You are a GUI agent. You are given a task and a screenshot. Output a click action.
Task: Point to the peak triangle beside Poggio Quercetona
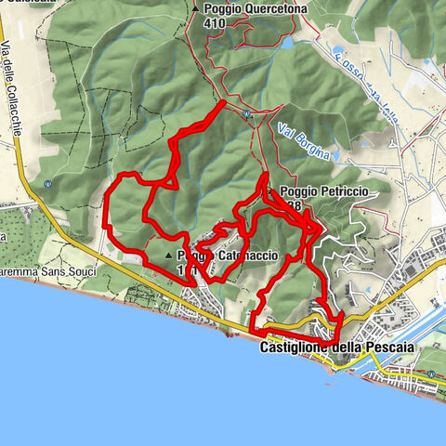(195, 8)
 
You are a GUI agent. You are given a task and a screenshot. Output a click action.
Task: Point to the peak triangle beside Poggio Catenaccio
(168, 255)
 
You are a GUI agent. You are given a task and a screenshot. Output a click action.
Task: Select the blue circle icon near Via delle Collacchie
(47, 183)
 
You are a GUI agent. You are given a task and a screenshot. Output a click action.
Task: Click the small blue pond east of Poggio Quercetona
(287, 43)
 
